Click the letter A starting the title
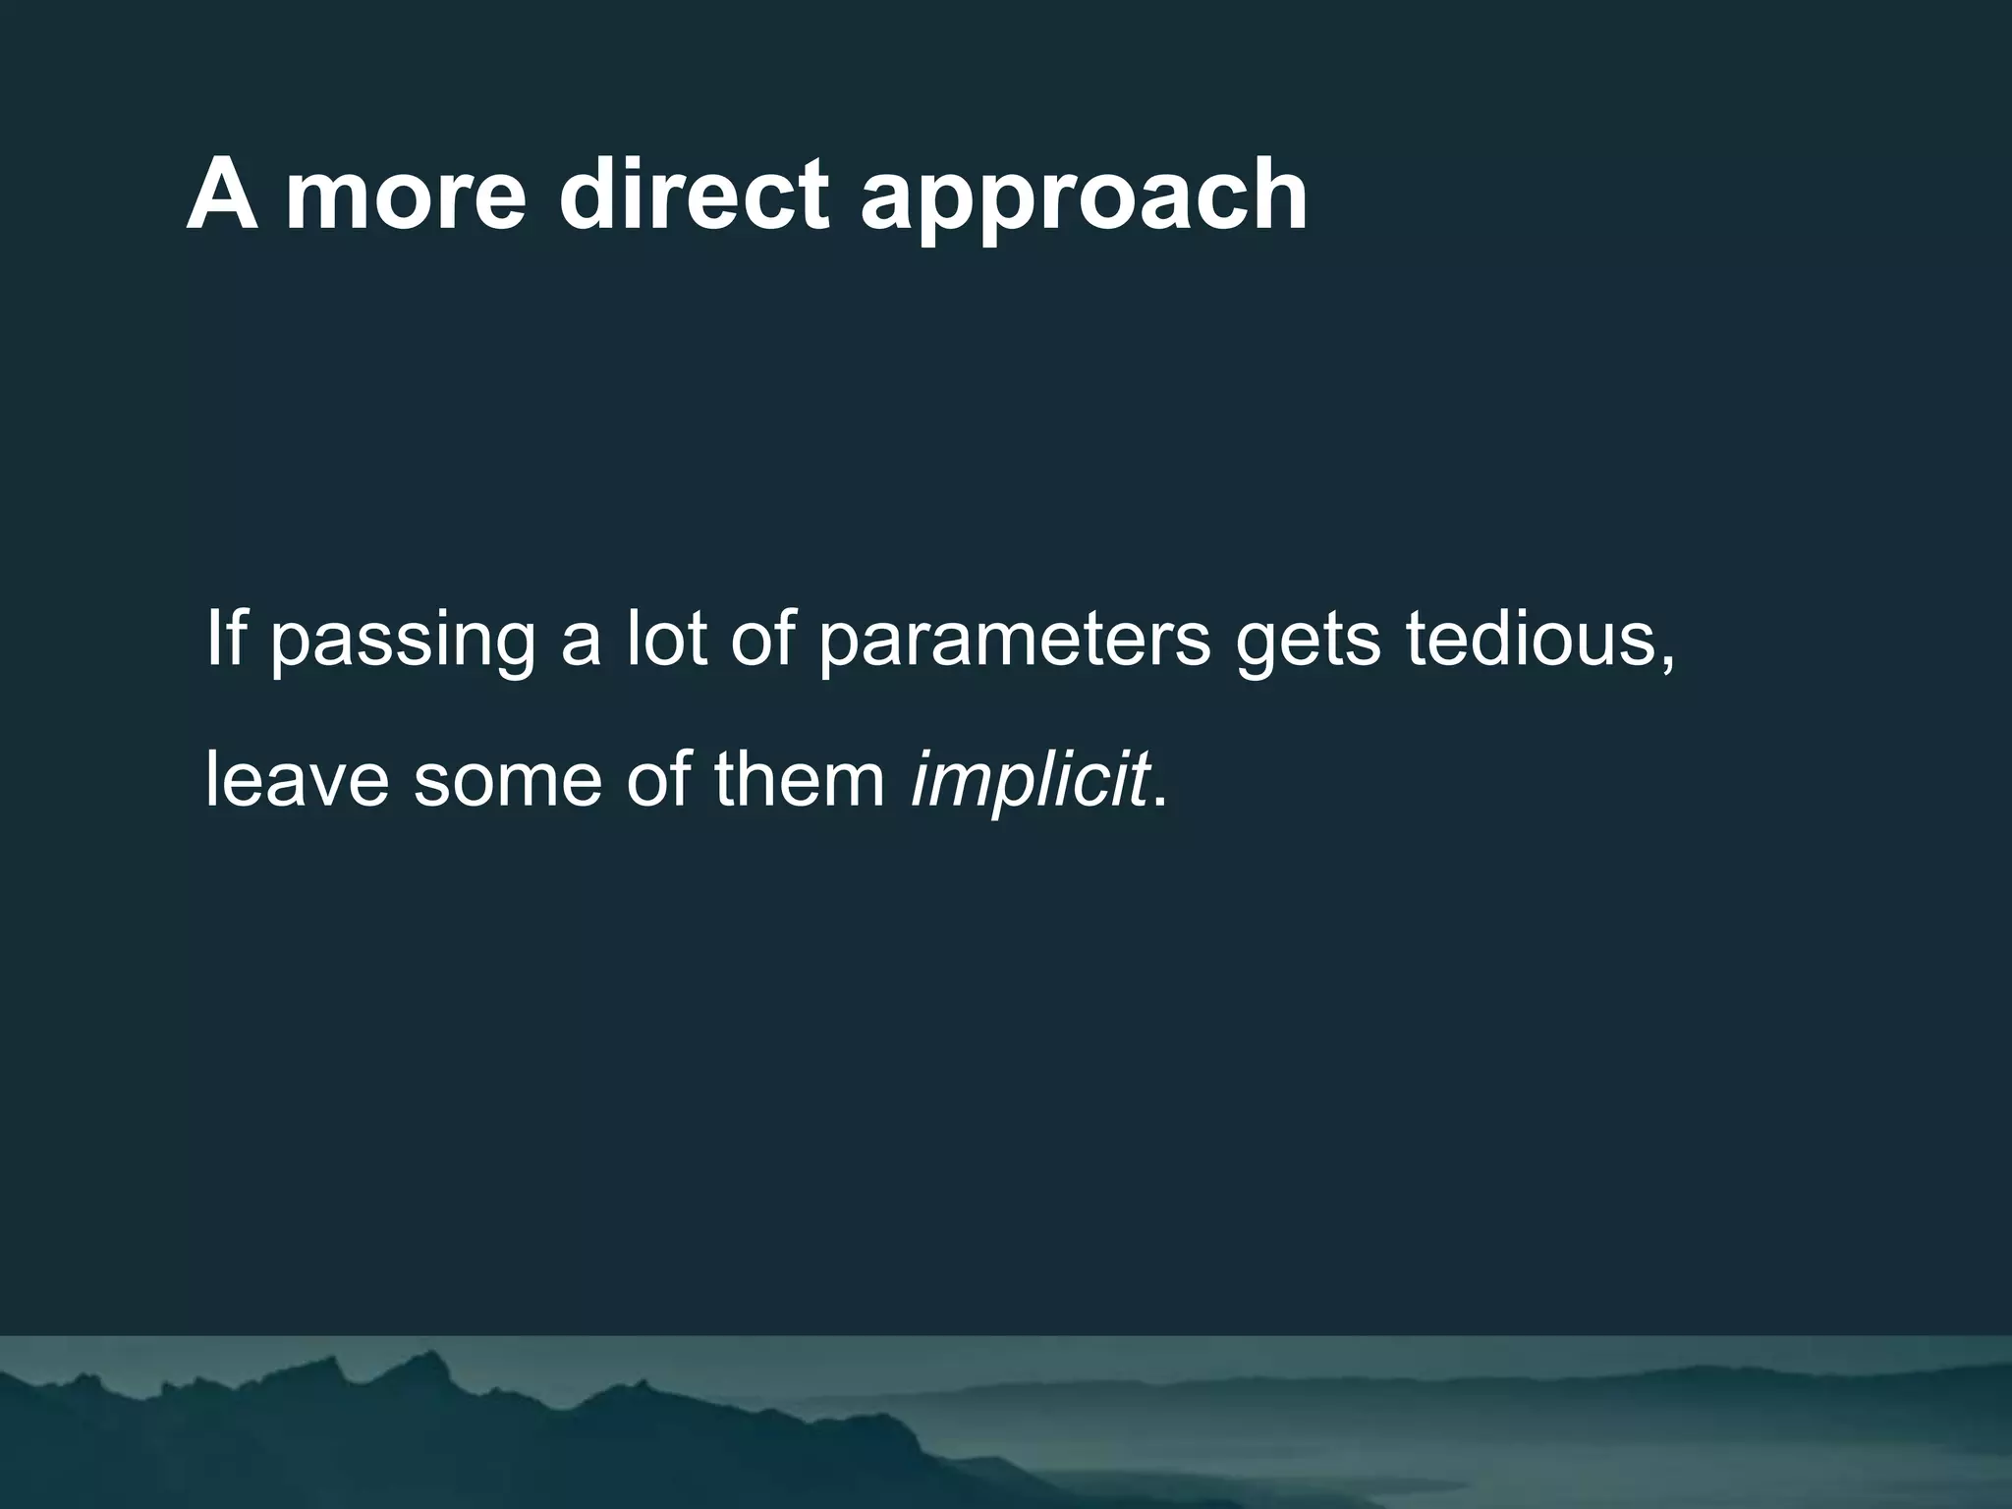(222, 196)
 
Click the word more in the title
(406, 196)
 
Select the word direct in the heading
(694, 196)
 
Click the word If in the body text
(225, 638)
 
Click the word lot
(667, 638)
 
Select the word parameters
(1014, 643)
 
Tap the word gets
(1309, 643)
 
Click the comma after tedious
(1666, 663)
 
